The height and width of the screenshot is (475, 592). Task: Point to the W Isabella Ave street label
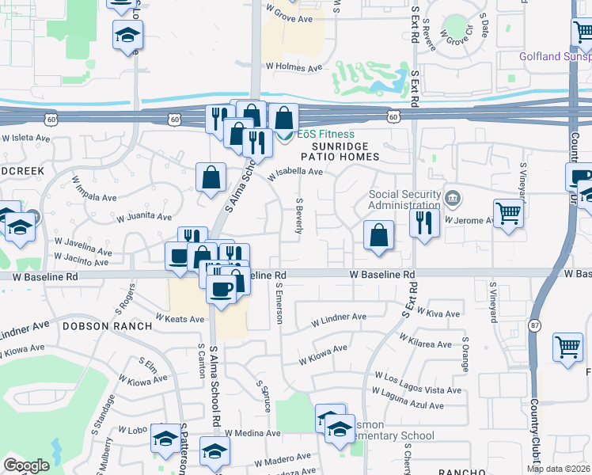295,171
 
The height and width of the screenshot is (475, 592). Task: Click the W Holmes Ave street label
294,68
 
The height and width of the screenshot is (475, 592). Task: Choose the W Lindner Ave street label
339,317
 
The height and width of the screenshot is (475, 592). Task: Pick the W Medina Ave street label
252,433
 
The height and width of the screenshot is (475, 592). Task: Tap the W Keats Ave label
181,317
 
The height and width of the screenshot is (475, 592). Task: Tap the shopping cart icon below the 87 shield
568,347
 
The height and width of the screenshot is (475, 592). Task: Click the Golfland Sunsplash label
555,57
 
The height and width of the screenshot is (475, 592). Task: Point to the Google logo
26,465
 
